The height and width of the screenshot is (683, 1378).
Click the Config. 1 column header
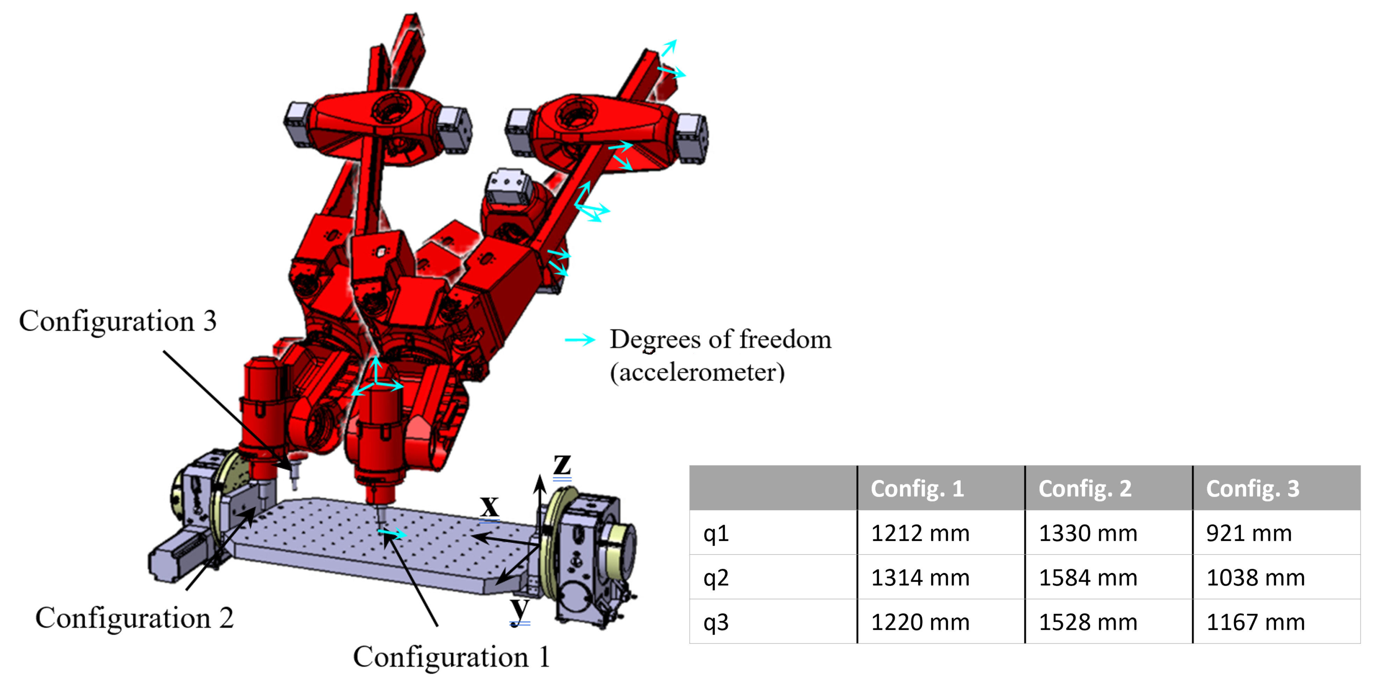[x=917, y=488]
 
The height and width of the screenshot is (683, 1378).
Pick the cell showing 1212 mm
[x=920, y=533]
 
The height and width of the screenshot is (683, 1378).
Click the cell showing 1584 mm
[x=1088, y=578]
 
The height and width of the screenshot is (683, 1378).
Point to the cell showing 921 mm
[x=1249, y=533]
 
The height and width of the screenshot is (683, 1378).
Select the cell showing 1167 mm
[x=1255, y=622]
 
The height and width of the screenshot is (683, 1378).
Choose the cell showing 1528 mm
[x=1088, y=622]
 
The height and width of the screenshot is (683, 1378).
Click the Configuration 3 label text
[x=118, y=321]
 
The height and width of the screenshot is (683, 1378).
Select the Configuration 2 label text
[x=134, y=618]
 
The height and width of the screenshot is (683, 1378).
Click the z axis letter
[x=562, y=464]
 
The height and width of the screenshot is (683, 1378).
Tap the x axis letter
[x=489, y=505]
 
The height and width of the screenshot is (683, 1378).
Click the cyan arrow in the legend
[x=580, y=340]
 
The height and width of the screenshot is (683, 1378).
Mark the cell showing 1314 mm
[x=920, y=578]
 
